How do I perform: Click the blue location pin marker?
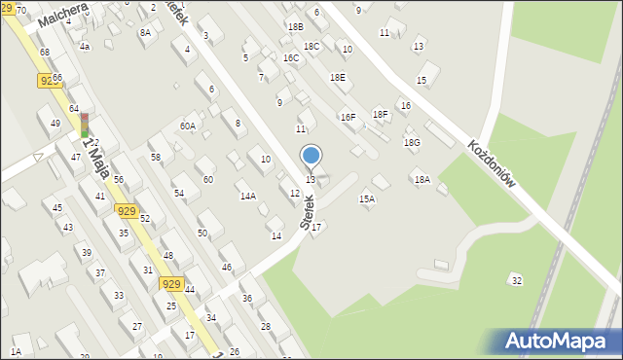pos(311,157)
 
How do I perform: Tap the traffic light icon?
pos(84,125)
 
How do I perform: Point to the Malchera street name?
pos(63,13)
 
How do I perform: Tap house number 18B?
pos(295,27)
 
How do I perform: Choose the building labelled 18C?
pos(311,46)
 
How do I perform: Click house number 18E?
pos(337,77)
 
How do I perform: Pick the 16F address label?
pos(348,117)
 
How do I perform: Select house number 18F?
pos(380,115)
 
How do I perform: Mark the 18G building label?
pos(412,143)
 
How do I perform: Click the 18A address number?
pos(421,180)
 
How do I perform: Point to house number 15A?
pos(367,198)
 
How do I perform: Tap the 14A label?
pos(248,197)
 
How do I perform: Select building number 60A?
pos(188,126)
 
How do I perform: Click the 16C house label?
pos(291,58)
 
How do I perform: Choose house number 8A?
pos(145,32)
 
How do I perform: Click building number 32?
pos(516,280)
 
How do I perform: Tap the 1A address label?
pos(16,351)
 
